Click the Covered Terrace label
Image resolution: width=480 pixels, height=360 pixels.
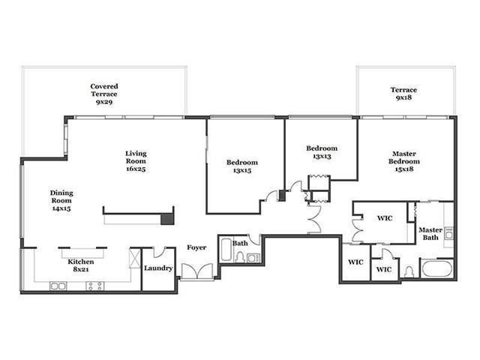coord(104,90)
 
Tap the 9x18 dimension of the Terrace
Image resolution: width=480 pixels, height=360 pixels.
coord(403,97)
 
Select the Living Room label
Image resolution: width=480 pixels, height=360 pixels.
coord(136,157)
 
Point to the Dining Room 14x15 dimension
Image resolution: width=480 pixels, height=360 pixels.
coord(61,208)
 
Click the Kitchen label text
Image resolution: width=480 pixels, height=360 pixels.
coord(81,262)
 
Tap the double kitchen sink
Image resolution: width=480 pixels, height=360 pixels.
coord(58,286)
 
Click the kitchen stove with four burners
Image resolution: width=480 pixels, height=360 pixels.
coord(95,286)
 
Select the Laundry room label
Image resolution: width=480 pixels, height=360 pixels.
coord(158,268)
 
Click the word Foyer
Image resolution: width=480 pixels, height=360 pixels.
coord(196,247)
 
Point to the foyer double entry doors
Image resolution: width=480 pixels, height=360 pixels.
coord(197,271)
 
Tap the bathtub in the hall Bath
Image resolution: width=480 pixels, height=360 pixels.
coord(226,250)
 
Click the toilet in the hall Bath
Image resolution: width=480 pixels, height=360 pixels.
coord(240,257)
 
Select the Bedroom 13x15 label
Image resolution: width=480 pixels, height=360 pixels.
coord(242,166)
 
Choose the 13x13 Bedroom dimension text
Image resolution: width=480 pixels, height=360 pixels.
coord(322,156)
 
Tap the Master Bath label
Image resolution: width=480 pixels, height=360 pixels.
coord(430,233)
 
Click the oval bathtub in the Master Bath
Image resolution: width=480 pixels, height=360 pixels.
coord(437,268)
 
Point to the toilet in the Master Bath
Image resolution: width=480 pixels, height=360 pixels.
coord(409,271)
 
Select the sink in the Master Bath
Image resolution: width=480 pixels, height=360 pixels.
coord(449,233)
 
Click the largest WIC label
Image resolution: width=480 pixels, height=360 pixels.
coord(385,218)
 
